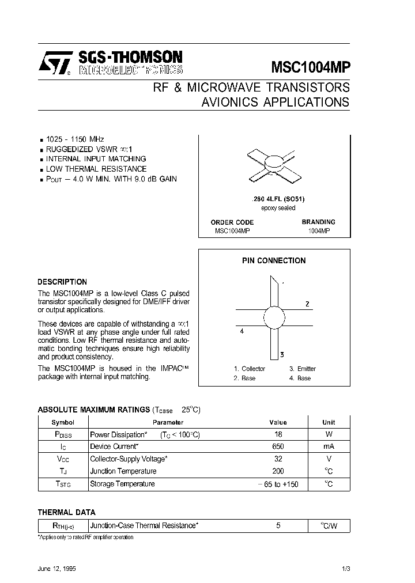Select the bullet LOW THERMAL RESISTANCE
[96, 169]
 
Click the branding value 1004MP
[318, 230]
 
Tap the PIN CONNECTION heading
[274, 260]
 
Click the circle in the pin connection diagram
[274, 317]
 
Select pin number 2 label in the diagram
[307, 304]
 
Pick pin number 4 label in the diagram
[242, 331]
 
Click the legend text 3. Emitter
[303, 369]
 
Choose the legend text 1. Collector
[250, 369]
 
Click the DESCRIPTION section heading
[62, 282]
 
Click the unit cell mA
[329, 446]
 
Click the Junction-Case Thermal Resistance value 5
[278, 526]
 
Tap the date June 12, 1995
[56, 568]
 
